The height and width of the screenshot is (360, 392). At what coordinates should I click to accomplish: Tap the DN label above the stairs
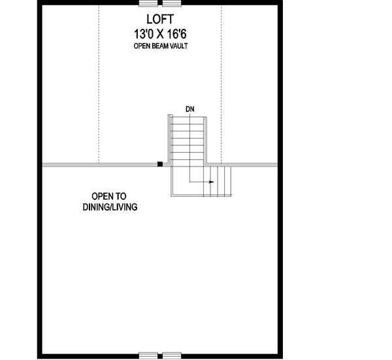coord(189,108)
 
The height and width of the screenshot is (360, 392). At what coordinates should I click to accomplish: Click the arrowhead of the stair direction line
coord(212,182)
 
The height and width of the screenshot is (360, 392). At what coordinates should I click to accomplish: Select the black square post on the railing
coord(159,164)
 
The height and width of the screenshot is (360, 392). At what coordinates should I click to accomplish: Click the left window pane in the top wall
coord(150,3)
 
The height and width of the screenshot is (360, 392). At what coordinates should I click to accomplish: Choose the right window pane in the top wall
coord(172,3)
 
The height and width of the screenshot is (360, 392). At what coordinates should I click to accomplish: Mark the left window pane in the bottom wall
coord(150,356)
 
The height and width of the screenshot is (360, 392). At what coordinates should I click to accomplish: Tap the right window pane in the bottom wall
coord(172,356)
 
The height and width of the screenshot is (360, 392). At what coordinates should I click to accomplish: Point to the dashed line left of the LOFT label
coord(99,85)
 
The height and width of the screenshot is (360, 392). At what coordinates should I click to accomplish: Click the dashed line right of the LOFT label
coord(221,85)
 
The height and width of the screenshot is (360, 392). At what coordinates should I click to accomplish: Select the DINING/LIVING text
coord(109,207)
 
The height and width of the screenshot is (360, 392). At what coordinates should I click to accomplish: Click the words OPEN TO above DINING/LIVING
coord(109,195)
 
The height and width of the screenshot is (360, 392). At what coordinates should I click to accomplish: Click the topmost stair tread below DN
coord(189,120)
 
